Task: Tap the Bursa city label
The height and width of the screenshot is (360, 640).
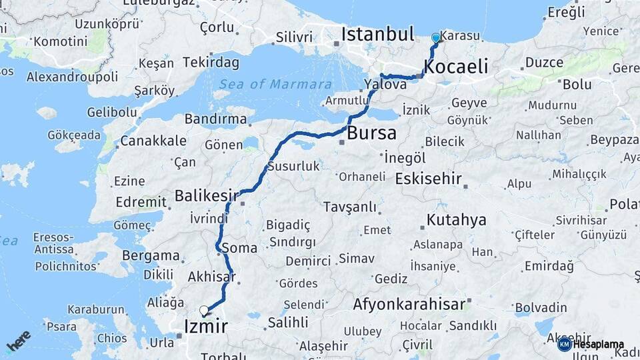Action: click(371, 133)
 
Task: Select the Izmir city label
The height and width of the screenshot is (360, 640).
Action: click(205, 327)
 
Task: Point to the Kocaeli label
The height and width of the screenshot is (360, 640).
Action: click(456, 67)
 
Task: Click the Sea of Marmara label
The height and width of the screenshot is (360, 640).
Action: click(275, 85)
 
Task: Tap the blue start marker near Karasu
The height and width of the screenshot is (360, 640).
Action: click(435, 38)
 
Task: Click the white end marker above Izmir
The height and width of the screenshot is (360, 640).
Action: click(204, 310)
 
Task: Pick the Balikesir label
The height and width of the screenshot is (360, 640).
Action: click(207, 196)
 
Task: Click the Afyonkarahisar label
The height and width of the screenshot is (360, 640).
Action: click(409, 305)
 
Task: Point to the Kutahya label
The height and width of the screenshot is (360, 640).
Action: click(457, 220)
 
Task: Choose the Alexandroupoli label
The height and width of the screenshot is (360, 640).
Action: click(72, 77)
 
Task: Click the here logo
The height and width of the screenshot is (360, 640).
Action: click(18, 341)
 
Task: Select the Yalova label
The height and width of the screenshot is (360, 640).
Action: click(385, 85)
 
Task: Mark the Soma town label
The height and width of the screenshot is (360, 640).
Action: click(239, 249)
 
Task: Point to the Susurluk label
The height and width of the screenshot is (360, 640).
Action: click(293, 167)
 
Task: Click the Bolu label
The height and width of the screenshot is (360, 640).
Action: click(577, 85)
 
